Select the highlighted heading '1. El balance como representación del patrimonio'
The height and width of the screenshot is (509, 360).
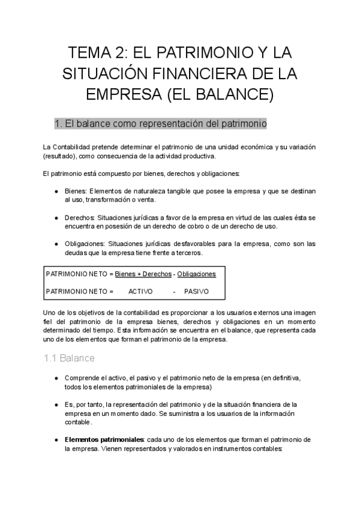point(160,124)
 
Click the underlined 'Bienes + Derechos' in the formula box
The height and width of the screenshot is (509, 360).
point(143,274)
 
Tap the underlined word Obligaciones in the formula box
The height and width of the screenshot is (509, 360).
point(196,274)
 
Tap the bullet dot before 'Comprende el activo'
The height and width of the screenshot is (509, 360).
point(56,378)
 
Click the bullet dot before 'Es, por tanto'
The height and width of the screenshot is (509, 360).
point(56,405)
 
